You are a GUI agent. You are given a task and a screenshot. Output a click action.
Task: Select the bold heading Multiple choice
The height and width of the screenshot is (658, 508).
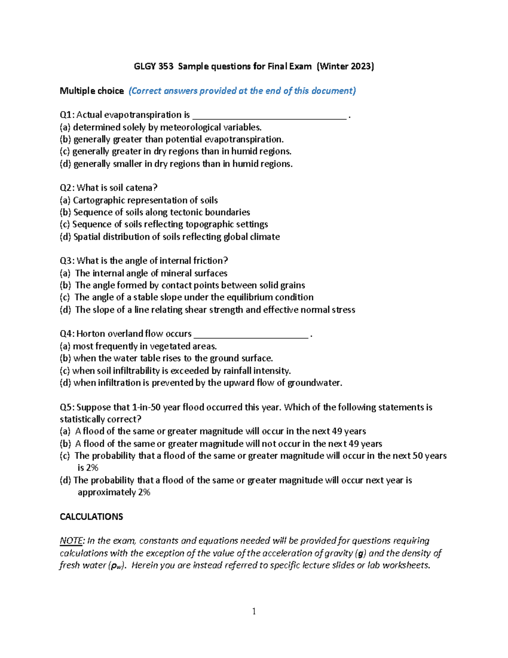click(x=91, y=91)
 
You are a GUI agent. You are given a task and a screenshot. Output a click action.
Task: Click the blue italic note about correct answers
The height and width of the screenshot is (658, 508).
click(x=242, y=91)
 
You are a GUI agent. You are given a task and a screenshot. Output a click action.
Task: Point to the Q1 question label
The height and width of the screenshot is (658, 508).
click(x=67, y=115)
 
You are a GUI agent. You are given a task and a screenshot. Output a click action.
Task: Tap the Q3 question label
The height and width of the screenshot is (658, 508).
click(x=67, y=261)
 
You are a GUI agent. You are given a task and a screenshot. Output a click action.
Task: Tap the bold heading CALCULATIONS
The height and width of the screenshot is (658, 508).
click(x=91, y=516)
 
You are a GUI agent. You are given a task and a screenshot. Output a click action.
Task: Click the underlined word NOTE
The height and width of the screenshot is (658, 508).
click(x=71, y=541)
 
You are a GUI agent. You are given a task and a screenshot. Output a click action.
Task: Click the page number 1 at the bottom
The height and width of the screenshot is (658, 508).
click(x=254, y=611)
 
